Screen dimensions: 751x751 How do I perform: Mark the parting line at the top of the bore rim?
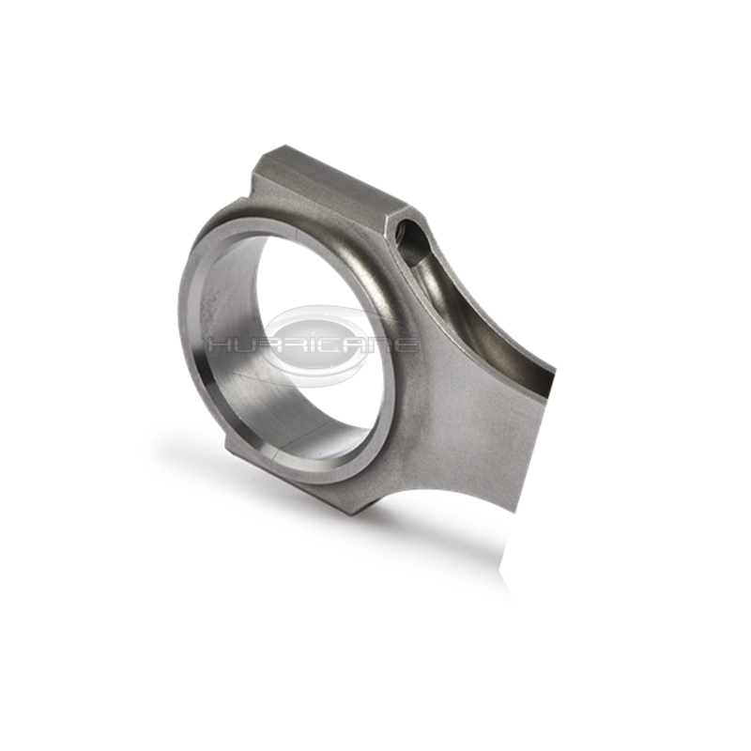298,235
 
